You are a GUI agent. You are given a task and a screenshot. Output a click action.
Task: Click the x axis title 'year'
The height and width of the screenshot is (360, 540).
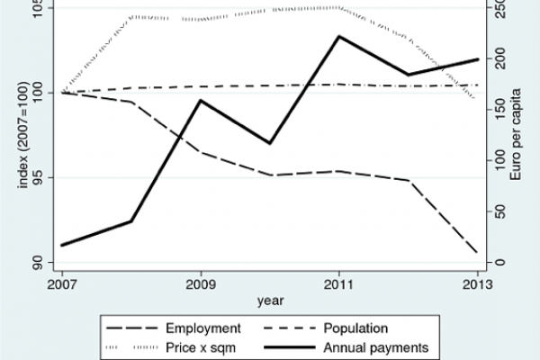click(x=268, y=299)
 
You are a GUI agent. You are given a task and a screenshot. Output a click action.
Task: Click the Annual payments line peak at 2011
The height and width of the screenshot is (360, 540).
click(x=338, y=36)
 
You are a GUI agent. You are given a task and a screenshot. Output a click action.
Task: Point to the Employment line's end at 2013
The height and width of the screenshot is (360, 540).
click(x=476, y=253)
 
